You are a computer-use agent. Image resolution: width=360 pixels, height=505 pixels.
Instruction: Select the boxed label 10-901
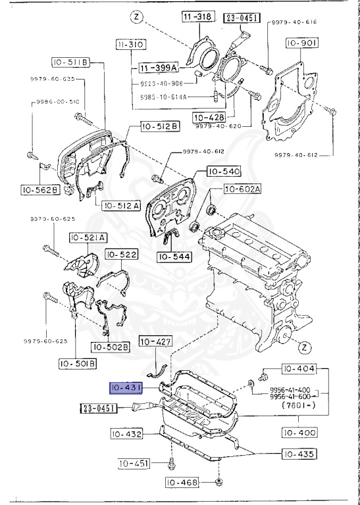(x=301, y=43)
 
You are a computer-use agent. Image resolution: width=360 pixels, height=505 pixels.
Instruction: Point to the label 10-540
(x=224, y=172)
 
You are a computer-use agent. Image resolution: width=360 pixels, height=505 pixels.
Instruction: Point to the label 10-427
(x=155, y=342)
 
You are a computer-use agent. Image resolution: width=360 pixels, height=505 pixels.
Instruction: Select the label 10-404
(x=299, y=369)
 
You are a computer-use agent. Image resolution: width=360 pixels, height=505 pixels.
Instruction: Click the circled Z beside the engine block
(x=303, y=347)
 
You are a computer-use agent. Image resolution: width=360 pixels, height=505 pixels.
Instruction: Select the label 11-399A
(x=159, y=68)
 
